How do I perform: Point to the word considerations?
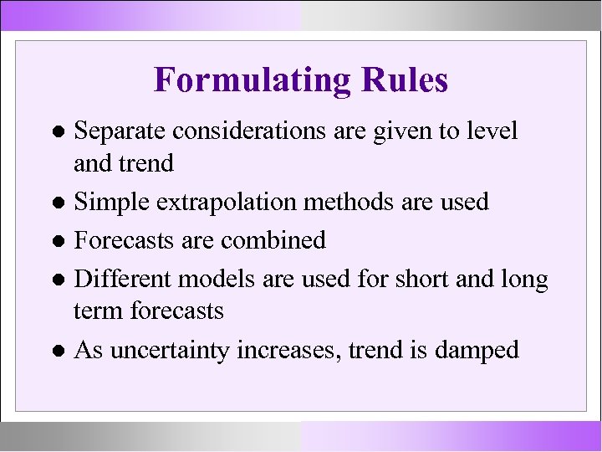click(x=253, y=131)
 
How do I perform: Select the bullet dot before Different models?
click(x=61, y=278)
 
